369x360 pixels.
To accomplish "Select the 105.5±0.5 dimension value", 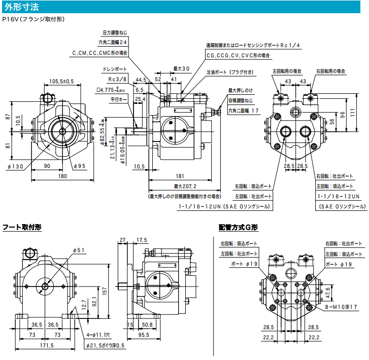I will coord(61,81).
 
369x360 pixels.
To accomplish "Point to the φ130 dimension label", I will coord(17,166).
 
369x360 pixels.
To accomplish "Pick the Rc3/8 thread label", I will coord(117,79).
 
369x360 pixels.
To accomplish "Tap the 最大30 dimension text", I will coord(181,68).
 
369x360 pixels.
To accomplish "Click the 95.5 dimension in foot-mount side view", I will coord(145,335).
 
